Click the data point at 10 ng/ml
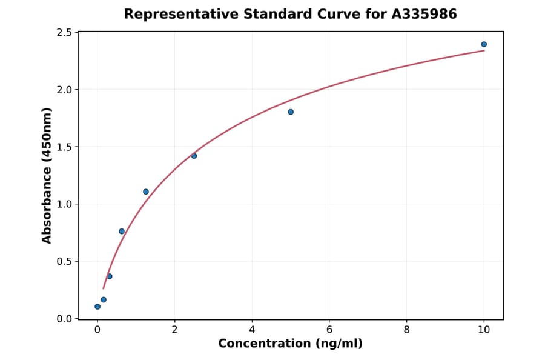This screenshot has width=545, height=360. click(484, 44)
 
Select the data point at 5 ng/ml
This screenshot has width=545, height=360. click(291, 112)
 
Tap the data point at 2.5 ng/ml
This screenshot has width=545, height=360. click(194, 156)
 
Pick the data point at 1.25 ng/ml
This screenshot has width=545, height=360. click(146, 192)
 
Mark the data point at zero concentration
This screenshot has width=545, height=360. click(97, 307)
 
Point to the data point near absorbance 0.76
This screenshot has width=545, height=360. click(122, 232)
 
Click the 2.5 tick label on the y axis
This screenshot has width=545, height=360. click(64, 33)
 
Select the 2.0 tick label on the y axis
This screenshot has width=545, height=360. click(64, 90)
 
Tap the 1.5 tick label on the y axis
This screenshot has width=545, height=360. click(64, 147)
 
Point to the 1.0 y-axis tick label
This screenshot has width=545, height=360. click(64, 204)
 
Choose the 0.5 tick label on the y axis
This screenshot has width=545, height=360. click(64, 262)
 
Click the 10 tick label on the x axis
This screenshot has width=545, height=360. click(484, 330)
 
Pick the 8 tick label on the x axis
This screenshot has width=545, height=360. click(406, 330)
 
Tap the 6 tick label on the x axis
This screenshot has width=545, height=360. click(329, 330)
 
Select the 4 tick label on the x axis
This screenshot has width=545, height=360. click(252, 330)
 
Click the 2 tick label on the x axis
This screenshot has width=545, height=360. click(174, 330)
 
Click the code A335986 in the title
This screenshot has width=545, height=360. click(424, 14)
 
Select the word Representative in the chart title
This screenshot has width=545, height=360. click(172, 14)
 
